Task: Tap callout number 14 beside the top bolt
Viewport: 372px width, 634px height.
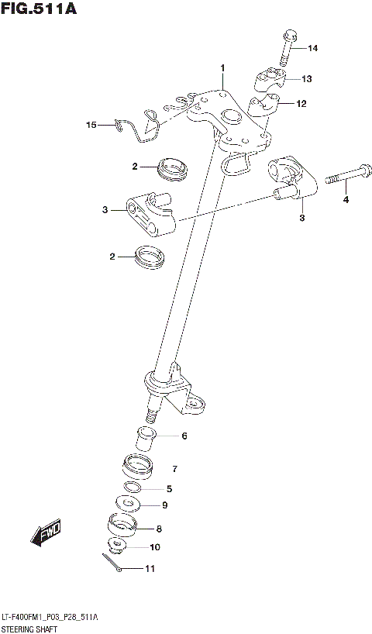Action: pyautogui.click(x=313, y=49)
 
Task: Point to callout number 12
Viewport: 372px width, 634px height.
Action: pyautogui.click(x=301, y=103)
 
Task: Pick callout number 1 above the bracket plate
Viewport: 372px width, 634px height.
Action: pyautogui.click(x=222, y=69)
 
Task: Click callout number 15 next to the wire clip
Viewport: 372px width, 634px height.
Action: pyautogui.click(x=91, y=124)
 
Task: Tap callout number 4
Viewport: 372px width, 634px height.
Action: pyautogui.click(x=346, y=201)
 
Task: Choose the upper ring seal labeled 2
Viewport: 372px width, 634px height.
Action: pyautogui.click(x=173, y=167)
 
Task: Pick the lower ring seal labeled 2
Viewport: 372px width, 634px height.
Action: pyautogui.click(x=149, y=258)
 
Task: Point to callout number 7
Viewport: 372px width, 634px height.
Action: pyautogui.click(x=175, y=469)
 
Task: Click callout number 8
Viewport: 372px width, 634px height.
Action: pyautogui.click(x=159, y=529)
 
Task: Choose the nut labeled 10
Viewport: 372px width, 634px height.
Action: pyautogui.click(x=119, y=546)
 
